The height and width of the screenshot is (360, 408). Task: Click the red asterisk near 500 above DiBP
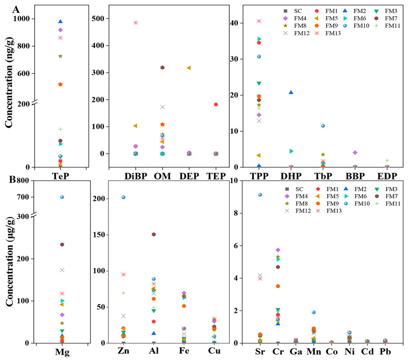(136, 22)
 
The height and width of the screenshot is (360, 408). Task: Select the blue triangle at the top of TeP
(60, 22)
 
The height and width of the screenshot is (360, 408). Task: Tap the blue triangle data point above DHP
(291, 92)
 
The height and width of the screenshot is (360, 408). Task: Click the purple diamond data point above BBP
(355, 153)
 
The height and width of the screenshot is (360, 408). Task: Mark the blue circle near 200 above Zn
(123, 197)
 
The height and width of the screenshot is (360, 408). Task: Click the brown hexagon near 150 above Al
(154, 234)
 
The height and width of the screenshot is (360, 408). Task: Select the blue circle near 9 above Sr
(260, 194)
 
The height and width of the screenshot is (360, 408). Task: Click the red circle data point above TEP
(216, 104)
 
